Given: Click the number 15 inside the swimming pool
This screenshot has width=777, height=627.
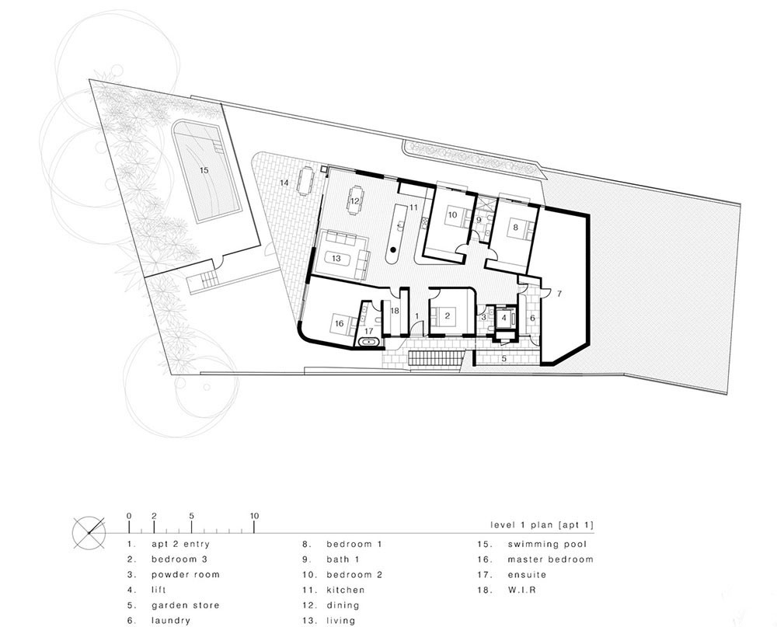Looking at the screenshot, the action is coord(204,170).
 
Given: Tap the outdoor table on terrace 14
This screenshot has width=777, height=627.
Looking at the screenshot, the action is coord(305,181).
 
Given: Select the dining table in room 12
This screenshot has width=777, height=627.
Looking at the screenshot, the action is coord(355,200).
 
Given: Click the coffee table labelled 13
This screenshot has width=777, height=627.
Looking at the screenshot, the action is coord(337,258).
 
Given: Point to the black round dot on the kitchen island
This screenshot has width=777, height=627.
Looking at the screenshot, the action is coord(393,249).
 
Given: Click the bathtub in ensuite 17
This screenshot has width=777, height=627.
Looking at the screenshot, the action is coord(368,342).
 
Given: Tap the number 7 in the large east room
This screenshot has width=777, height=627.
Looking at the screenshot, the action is coord(559,294).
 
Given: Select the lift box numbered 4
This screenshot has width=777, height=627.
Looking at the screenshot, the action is coord(504,318).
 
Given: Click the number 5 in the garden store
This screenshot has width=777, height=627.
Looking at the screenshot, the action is coord(504,358).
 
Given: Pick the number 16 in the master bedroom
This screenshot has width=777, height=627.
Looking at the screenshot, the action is coord(339,324).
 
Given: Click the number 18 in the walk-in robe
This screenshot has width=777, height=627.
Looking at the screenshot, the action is coord(395,311).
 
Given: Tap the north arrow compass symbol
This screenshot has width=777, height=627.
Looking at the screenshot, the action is coord(89,533).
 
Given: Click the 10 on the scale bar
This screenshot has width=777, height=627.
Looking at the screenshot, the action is coord(254,516).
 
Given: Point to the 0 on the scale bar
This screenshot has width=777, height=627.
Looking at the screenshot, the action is coord(129,516).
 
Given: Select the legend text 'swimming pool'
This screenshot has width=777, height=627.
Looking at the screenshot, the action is coord(547,544).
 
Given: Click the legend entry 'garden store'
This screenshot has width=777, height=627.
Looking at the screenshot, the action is coord(186,605).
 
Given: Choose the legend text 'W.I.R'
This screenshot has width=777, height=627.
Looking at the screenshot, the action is coord(522,590).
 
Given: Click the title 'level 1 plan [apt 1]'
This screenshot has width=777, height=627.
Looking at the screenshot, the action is coord(542,525).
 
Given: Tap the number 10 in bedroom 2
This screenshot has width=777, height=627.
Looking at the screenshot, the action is coord(452,215).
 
